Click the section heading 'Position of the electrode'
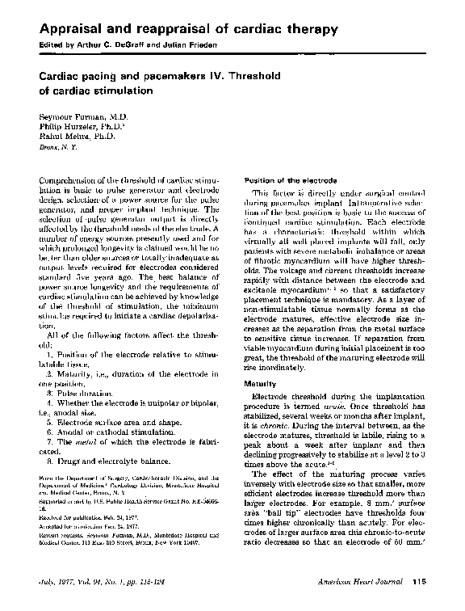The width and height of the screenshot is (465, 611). [279, 179]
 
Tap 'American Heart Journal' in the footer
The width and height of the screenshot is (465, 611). [367, 582]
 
